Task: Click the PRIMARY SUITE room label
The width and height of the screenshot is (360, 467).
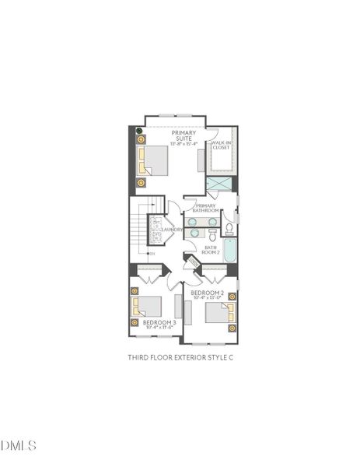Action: (184, 135)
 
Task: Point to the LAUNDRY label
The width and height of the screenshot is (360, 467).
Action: (172, 230)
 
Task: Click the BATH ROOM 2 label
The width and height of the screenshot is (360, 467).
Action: (211, 250)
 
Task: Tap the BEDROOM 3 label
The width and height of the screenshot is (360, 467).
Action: (159, 321)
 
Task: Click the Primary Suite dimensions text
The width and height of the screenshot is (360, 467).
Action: (184, 144)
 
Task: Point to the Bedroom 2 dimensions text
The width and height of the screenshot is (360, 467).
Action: (207, 297)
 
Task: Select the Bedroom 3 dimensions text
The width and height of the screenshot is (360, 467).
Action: (159, 328)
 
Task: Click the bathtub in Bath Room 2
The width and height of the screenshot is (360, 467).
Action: (230, 250)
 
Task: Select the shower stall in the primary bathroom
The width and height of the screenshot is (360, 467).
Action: (218, 184)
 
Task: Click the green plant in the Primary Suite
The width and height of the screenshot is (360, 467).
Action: (140, 131)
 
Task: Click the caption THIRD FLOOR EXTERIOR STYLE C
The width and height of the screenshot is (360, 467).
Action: (180, 357)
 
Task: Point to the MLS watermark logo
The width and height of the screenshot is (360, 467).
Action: (19, 445)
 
